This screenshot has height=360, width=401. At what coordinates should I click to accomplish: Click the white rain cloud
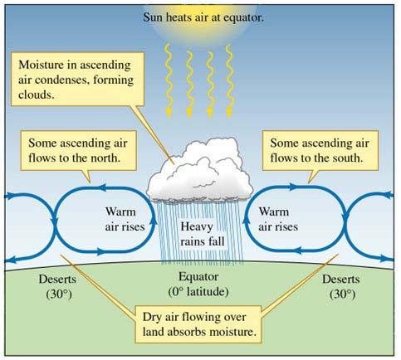tap(200, 170)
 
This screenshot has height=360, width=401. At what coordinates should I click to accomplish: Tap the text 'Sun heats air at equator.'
tap(203, 17)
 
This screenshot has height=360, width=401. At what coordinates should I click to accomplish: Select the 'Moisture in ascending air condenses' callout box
tap(77, 79)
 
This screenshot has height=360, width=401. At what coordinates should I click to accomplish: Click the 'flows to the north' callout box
tap(78, 151)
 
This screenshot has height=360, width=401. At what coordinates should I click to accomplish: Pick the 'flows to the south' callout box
tap(320, 151)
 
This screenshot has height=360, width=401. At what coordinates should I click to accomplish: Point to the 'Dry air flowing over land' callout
tap(198, 324)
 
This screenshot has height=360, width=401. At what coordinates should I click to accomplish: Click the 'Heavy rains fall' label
tap(202, 234)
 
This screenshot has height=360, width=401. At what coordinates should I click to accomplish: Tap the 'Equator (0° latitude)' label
tap(198, 285)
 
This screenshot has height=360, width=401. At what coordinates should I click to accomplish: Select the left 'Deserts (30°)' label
tap(57, 286)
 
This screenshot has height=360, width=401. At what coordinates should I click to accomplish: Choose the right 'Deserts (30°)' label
tap(341, 286)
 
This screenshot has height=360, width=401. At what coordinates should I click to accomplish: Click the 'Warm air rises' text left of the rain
tap(125, 219)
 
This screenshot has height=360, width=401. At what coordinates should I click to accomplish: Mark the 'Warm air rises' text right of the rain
tap(278, 219)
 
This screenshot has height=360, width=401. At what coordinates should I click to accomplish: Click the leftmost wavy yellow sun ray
tap(169, 80)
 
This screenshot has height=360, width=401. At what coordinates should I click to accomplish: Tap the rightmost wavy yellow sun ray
tap(229, 80)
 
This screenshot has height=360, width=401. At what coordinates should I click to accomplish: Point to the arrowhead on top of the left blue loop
tap(102, 187)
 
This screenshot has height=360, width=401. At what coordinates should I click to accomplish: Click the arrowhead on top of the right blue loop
tap(294, 187)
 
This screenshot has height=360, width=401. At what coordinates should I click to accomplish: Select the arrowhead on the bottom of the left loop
tap(101, 251)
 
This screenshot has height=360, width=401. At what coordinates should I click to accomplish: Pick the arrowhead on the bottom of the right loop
tap(297, 251)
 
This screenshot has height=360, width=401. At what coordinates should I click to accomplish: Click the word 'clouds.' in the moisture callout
tap(37, 95)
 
